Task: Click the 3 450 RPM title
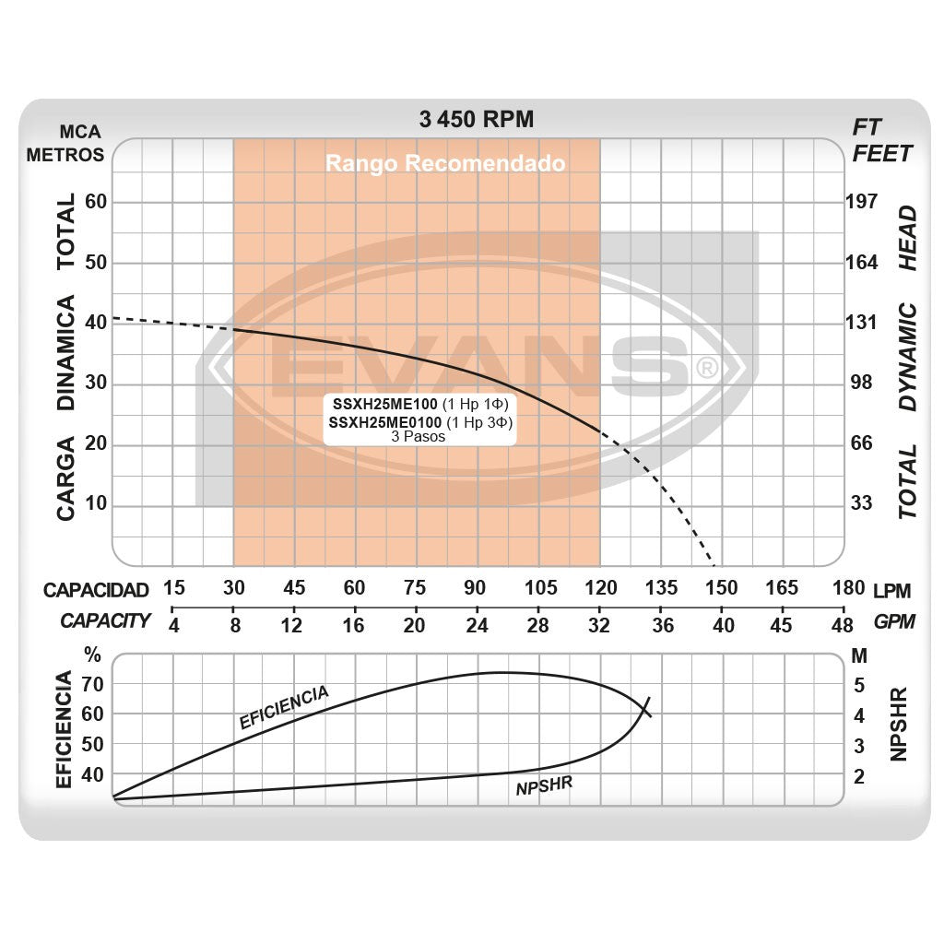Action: coord(476,119)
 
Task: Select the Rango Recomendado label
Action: coord(444,164)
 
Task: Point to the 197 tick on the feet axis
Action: coord(862,202)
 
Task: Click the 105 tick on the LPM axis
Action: coord(540,588)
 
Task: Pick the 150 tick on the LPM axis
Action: coord(721,588)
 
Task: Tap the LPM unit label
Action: coord(891,588)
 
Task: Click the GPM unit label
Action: coord(894,621)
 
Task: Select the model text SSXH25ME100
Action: coord(384,405)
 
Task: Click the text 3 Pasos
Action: coord(418,437)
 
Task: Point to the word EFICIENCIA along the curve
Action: coord(284,707)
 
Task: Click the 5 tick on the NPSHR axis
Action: coord(859,685)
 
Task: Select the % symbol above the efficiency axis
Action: coord(92,656)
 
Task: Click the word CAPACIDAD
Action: coord(96,590)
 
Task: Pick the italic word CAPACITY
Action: coord(105,620)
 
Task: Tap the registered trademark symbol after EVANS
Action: coord(705,369)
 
